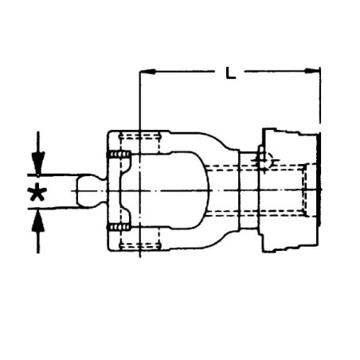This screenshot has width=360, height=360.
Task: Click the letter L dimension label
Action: (230, 72)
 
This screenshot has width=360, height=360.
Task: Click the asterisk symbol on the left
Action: (38, 192)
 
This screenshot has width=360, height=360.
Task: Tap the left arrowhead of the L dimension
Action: (147, 72)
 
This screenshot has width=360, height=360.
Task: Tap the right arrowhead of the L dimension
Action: (311, 71)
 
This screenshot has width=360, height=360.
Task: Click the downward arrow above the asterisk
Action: (38, 154)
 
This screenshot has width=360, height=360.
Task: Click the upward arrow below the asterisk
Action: (38, 231)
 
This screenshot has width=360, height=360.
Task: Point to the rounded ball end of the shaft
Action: (88, 191)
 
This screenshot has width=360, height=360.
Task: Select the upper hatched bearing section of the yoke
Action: (119, 155)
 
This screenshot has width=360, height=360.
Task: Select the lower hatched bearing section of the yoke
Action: (119, 227)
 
